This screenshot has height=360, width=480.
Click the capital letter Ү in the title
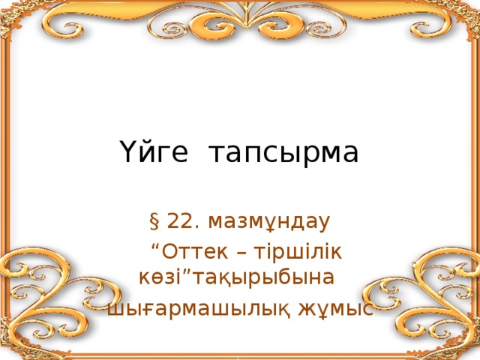coord(127,153)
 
